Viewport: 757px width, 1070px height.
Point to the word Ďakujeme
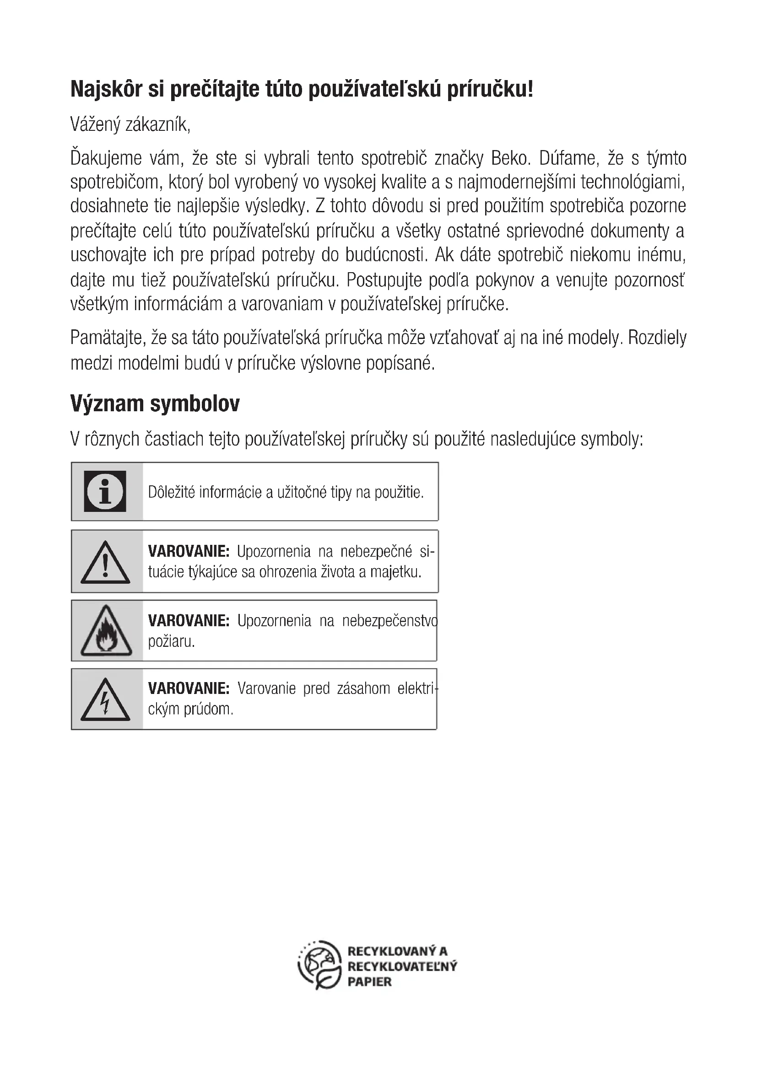(x=106, y=158)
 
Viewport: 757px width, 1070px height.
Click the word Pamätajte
(x=106, y=338)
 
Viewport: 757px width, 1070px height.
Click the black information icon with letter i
(x=105, y=491)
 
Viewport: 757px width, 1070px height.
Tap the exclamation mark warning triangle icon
(x=105, y=562)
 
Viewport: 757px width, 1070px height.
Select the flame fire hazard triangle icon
(x=106, y=631)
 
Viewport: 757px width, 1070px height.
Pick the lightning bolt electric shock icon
(x=105, y=699)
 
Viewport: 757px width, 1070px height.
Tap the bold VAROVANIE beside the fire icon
(x=189, y=621)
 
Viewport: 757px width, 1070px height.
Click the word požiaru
(x=171, y=642)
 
